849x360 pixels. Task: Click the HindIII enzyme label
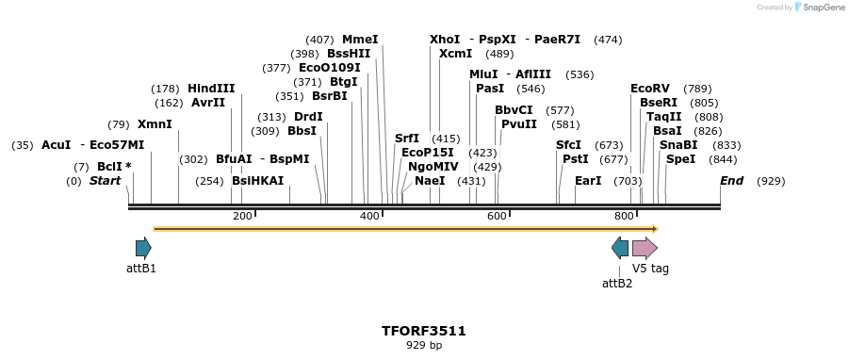point(211,89)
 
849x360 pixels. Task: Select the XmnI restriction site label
point(155,124)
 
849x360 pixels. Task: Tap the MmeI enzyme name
point(360,40)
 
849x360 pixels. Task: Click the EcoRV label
point(649,89)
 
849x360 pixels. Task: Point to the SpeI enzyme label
point(680,159)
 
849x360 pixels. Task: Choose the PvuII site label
point(519,124)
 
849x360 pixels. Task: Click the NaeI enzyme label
point(430,181)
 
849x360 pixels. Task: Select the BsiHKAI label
point(257,181)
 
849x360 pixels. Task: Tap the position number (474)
point(608,40)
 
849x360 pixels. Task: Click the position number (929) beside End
point(771,181)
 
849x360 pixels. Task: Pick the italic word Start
point(106,181)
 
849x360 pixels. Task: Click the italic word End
point(731,181)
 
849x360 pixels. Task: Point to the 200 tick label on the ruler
point(242,217)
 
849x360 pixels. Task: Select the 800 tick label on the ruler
point(623,217)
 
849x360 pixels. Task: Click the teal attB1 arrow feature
point(143,248)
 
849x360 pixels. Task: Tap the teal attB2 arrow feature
point(620,248)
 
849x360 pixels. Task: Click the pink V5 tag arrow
point(645,248)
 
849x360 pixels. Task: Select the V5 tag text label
point(650,269)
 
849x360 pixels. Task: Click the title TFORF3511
point(424,331)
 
